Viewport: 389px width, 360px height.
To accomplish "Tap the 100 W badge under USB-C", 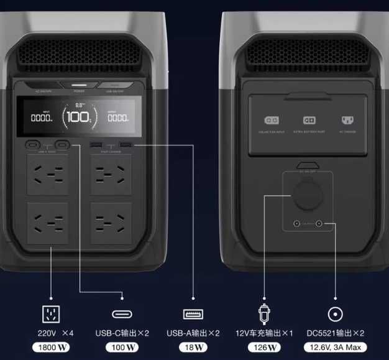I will click(121, 347).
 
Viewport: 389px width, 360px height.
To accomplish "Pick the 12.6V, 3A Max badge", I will click(336, 347).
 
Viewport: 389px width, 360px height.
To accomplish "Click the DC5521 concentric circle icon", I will click(336, 313).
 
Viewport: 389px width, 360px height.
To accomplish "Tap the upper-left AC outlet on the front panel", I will click(48, 175).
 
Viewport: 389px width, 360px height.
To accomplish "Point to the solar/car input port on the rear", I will click(272, 121).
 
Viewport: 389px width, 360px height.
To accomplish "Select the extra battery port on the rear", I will click(309, 121).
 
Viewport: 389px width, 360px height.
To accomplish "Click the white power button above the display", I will click(80, 86).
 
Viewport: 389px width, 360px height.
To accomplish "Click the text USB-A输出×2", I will click(193, 333).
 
